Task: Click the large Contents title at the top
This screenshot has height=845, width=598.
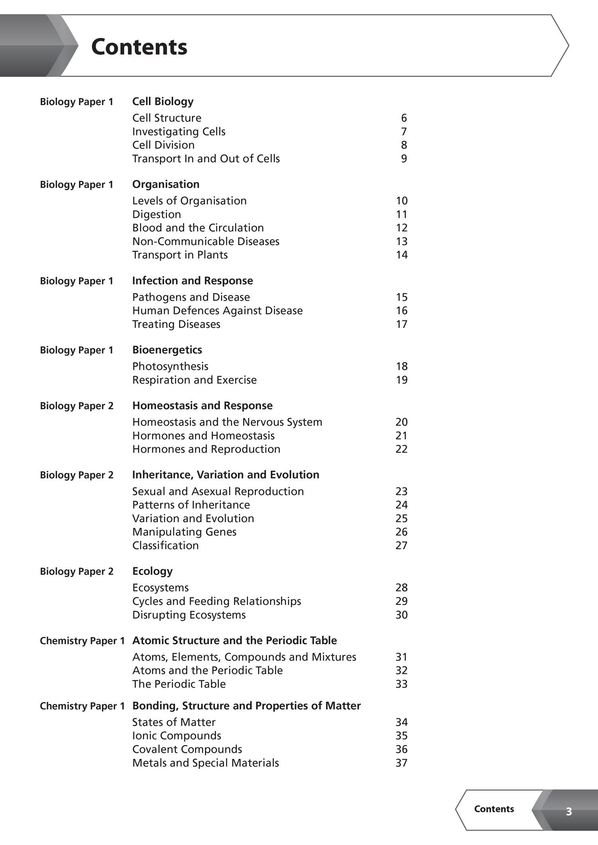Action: tap(139, 47)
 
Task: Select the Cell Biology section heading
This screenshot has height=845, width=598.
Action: tap(163, 102)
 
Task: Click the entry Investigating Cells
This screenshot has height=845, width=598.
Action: tap(179, 131)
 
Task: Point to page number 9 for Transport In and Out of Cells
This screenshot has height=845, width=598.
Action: tap(404, 159)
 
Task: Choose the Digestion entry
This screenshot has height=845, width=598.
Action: tap(157, 214)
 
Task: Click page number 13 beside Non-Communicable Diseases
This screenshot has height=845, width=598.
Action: tap(401, 241)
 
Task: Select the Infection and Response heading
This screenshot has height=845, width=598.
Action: tap(193, 281)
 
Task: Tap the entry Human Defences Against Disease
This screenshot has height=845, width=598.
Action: tap(217, 311)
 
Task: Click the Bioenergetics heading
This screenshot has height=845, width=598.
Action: tap(167, 350)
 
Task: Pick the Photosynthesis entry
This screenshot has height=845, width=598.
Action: tap(170, 366)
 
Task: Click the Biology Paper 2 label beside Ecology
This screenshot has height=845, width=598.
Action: tap(77, 571)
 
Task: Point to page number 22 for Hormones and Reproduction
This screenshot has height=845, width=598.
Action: tap(401, 449)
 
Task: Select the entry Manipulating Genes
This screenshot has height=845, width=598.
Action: tap(184, 532)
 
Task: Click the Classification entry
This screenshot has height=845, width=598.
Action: tap(165, 545)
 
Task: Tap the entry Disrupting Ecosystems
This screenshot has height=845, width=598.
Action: tap(189, 615)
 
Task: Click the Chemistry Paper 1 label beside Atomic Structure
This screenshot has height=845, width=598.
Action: tap(82, 641)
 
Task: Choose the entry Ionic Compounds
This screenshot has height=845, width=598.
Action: tap(177, 735)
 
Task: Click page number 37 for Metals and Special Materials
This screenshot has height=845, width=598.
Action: tap(401, 763)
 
